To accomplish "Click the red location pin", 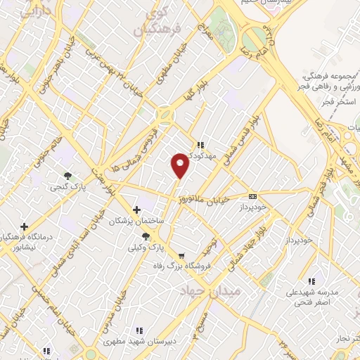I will pyautogui.click(x=181, y=165).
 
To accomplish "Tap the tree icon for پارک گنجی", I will pyautogui.click(x=67, y=176).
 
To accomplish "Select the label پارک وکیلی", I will pyautogui.click(x=146, y=247).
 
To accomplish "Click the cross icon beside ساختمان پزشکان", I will pyautogui.click(x=136, y=210).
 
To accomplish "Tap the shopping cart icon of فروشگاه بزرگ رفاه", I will pyautogui.click(x=182, y=256).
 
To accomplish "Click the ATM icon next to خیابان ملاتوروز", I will pyautogui.click(x=253, y=198).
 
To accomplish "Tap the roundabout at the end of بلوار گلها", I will pyautogui.click(x=166, y=112).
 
